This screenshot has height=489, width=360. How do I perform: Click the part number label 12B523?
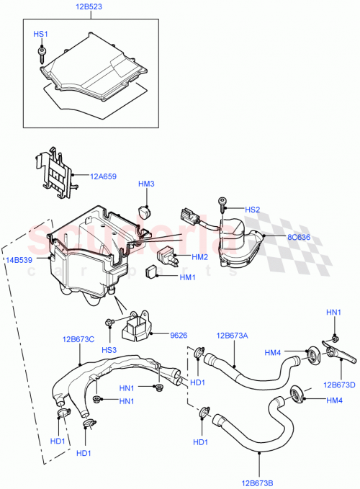pos(90,7)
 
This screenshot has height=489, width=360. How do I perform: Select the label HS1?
pos(41,34)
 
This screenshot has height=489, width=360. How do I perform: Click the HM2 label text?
pos(199,256)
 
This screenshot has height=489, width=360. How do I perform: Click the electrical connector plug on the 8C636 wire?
pos(189,215)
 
